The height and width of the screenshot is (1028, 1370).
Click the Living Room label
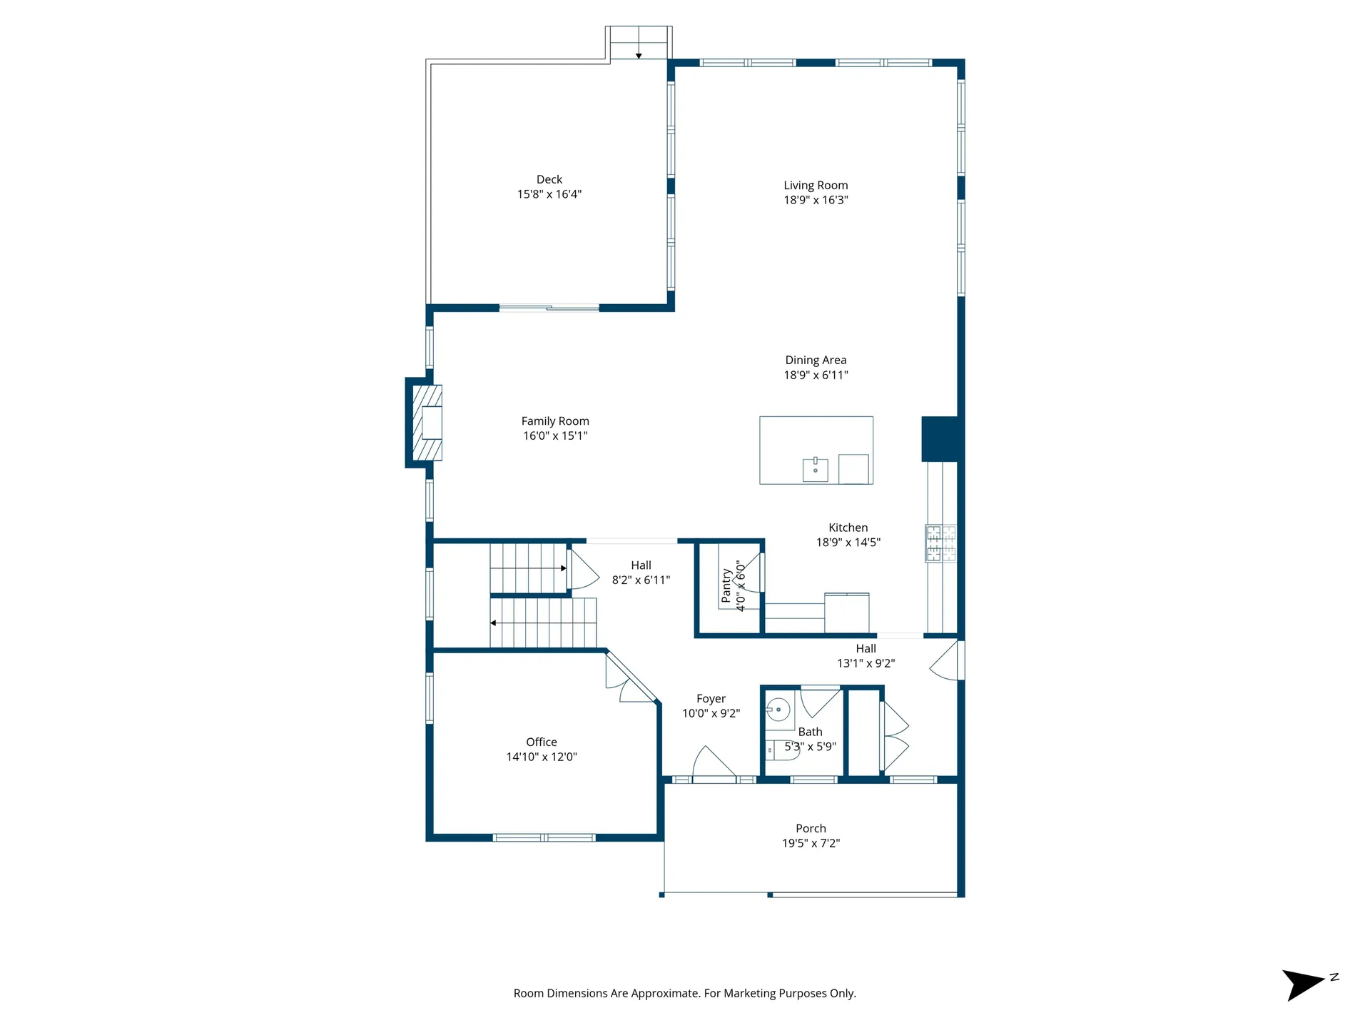pos(816,186)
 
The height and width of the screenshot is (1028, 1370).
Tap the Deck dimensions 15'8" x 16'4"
pos(549,194)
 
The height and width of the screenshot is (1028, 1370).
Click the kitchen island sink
pos(815,470)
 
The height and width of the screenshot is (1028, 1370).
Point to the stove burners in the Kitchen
pos(940,543)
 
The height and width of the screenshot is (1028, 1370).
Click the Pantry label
pos(726,586)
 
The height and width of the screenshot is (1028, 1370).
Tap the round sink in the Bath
pos(778,710)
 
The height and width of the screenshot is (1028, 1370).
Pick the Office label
pos(541,742)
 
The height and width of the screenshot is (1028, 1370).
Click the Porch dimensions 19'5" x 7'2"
pos(811,844)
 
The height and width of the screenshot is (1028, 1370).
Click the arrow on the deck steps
pos(639,54)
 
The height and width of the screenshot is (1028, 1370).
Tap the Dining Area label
pos(816,361)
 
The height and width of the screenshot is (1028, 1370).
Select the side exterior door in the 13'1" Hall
pos(947,662)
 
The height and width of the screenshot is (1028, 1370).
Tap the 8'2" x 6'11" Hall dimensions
pos(641,580)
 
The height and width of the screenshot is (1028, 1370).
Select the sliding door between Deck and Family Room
pos(549,308)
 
